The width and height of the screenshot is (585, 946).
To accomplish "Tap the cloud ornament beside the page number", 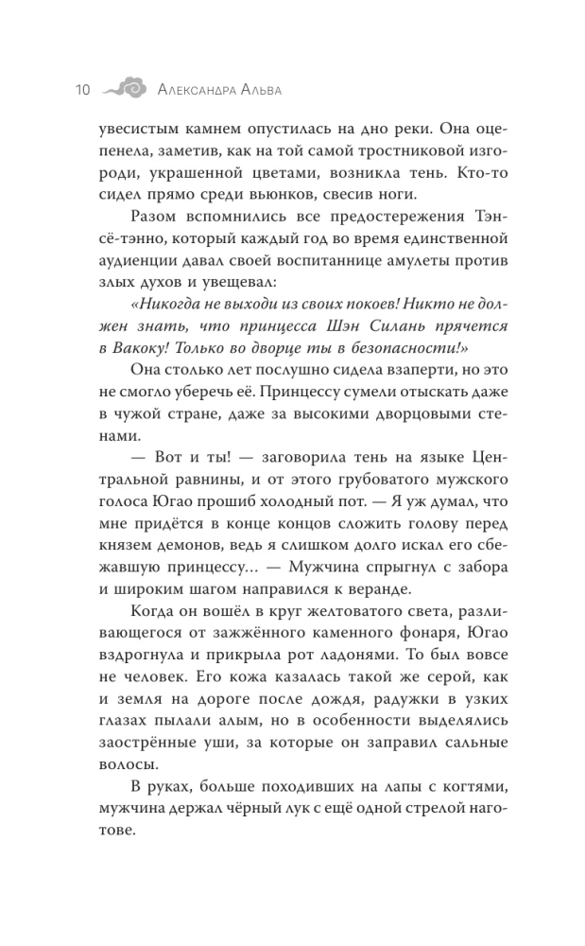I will click(x=125, y=89).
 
